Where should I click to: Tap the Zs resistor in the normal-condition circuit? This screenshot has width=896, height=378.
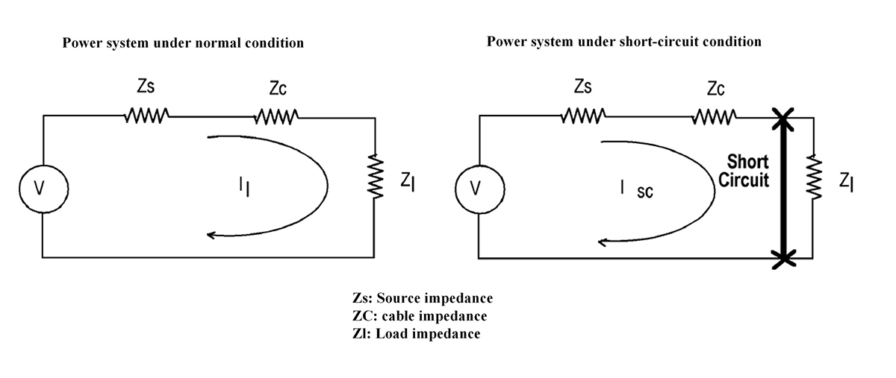pyautogui.click(x=147, y=116)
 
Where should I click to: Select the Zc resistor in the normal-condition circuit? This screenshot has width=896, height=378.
pyautogui.click(x=277, y=116)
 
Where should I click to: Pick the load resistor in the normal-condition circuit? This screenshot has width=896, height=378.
pyautogui.click(x=376, y=177)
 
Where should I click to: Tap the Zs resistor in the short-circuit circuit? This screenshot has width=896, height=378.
pyautogui.click(x=583, y=116)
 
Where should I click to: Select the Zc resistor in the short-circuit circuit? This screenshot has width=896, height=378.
pyautogui.click(x=715, y=116)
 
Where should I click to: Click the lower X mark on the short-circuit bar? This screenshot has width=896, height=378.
pyautogui.click(x=783, y=258)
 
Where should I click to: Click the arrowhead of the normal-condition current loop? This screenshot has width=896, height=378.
pyautogui.click(x=211, y=236)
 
